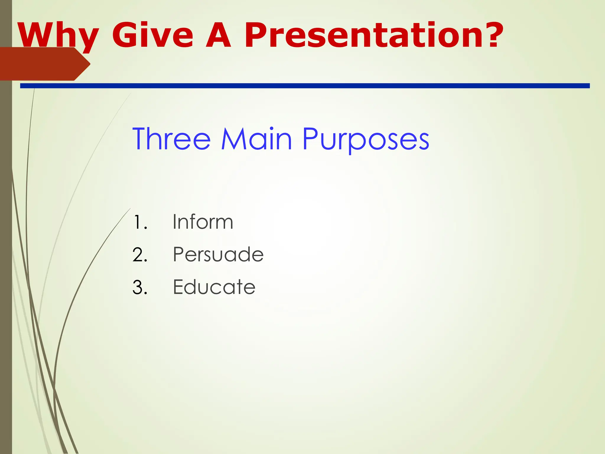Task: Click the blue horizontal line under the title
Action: click(304, 86)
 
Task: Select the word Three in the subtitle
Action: click(172, 139)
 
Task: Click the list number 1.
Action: click(139, 222)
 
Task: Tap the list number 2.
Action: click(140, 254)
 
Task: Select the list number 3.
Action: click(140, 287)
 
